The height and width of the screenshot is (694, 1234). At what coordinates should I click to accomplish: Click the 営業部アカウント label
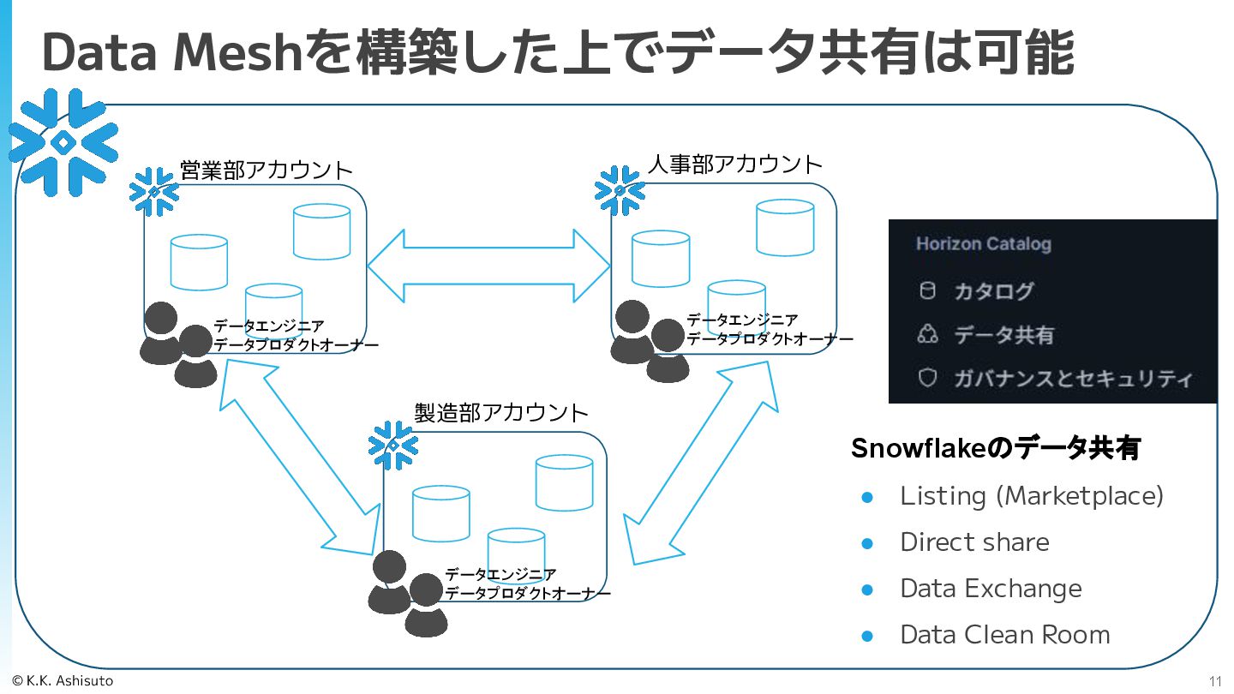(x=266, y=169)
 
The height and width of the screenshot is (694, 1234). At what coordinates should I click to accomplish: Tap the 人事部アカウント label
(x=734, y=164)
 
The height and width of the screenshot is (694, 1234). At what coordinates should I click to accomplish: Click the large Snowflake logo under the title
(x=63, y=141)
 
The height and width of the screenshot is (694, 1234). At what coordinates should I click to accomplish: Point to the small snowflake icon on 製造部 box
(x=392, y=446)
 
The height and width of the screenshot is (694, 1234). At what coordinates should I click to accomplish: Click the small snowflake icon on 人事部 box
(x=620, y=190)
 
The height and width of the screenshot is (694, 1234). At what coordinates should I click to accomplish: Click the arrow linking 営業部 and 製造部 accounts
(x=300, y=454)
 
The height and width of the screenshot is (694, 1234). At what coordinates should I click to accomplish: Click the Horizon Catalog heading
(x=983, y=244)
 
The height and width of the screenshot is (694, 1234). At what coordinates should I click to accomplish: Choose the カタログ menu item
(x=994, y=291)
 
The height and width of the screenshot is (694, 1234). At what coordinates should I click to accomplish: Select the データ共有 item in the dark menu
(x=1003, y=335)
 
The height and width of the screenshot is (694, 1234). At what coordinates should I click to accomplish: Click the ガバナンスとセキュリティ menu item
(x=1072, y=378)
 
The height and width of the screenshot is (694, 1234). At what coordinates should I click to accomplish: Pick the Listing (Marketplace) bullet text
(x=1031, y=496)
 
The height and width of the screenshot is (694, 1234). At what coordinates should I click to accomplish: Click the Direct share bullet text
(x=974, y=542)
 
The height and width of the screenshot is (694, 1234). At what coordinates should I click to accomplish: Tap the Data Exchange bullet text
(x=991, y=589)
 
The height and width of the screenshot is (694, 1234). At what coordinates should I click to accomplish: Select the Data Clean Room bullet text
(x=1004, y=635)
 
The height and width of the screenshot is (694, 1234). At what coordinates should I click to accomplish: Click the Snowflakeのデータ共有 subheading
(x=995, y=448)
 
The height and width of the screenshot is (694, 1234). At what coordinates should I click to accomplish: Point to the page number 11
(x=1215, y=681)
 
